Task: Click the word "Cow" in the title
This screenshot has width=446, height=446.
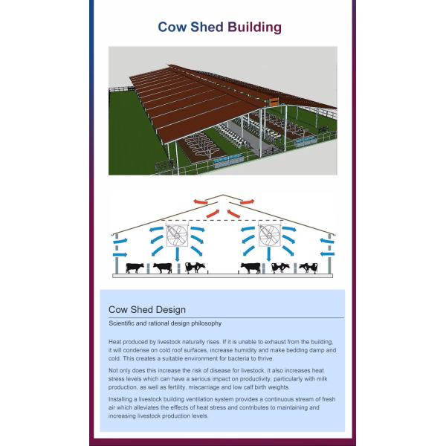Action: (x=171, y=28)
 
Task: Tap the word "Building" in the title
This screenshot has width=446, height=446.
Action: (x=254, y=28)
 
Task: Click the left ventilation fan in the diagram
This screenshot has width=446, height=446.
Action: (x=177, y=236)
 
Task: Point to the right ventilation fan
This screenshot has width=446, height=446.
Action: (x=268, y=236)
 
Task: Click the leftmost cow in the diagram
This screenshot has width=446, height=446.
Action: (x=135, y=268)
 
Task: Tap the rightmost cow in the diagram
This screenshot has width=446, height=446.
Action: (x=308, y=268)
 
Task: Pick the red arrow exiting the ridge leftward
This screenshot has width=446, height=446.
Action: (x=200, y=201)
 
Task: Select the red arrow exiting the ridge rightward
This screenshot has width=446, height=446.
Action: (x=246, y=201)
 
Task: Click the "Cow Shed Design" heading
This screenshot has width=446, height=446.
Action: (x=147, y=309)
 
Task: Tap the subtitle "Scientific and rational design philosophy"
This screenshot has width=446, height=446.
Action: (x=164, y=324)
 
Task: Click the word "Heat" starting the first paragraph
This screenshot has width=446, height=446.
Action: (x=115, y=341)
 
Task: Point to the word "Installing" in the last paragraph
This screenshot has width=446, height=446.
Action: (x=122, y=400)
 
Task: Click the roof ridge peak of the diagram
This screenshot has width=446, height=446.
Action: (x=223, y=195)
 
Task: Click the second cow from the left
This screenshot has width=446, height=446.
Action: (x=162, y=268)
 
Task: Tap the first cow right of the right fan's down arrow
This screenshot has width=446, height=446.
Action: (x=280, y=268)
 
